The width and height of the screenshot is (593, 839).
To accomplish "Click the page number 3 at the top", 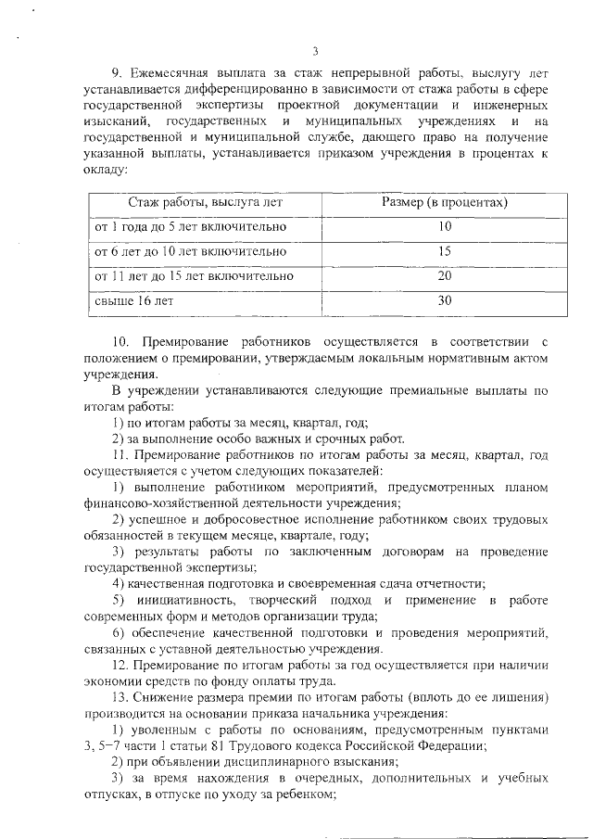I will (315, 51).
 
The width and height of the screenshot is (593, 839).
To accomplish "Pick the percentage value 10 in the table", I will (444, 226).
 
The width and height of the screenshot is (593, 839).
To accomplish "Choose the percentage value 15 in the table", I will (444, 251).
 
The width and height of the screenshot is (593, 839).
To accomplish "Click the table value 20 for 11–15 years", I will (444, 276).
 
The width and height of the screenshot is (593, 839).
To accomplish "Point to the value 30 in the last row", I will (444, 301).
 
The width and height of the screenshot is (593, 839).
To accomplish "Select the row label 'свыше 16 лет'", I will (133, 301).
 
